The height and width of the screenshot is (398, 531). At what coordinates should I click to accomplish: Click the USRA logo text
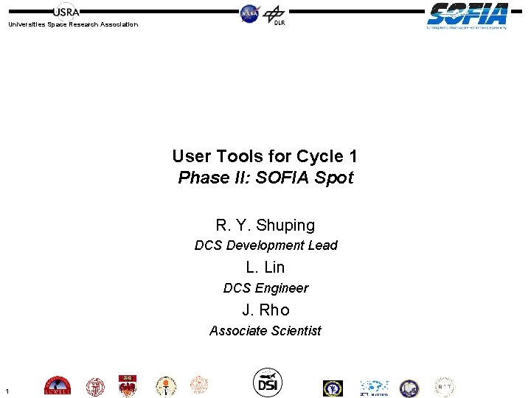(66, 11)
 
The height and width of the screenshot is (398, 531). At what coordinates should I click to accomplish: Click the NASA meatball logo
(250, 13)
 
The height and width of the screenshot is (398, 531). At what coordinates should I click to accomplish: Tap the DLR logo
(274, 15)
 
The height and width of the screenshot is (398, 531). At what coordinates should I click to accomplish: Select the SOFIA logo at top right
(467, 15)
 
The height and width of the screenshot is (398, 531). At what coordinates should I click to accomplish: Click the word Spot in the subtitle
(335, 178)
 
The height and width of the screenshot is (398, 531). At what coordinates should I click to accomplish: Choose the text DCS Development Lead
(265, 245)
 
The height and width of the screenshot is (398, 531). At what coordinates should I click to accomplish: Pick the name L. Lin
(265, 267)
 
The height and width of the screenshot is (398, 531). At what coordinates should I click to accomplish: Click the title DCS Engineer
(265, 288)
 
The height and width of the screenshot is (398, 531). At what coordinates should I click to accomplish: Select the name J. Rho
(265, 310)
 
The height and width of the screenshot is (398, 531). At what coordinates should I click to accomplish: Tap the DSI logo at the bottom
(267, 381)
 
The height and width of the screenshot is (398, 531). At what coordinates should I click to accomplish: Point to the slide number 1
(6, 391)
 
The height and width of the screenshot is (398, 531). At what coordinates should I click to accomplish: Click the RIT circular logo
(444, 387)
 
